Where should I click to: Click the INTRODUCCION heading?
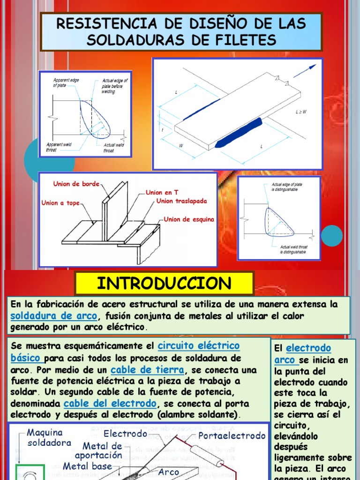click(164, 284)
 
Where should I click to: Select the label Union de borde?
click(76, 184)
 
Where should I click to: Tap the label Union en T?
click(162, 193)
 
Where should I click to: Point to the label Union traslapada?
click(181, 201)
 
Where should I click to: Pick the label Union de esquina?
click(189, 219)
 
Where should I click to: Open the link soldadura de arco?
click(54, 315)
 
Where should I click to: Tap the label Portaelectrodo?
click(232, 436)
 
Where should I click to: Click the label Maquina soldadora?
click(49, 437)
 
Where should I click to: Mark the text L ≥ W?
click(301, 112)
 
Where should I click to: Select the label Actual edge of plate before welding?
click(114, 86)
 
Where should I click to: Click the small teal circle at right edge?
click(334, 235)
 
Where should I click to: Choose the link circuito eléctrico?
click(199, 346)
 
